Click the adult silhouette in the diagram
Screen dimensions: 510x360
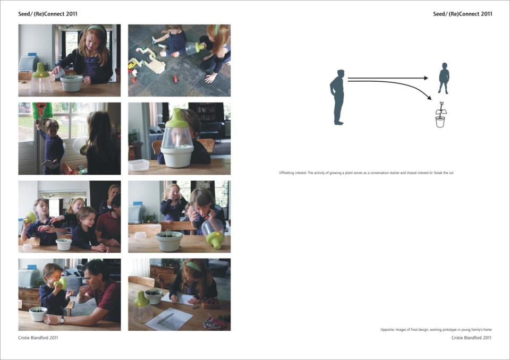[x=337, y=97]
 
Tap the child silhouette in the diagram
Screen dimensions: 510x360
[x=444, y=78]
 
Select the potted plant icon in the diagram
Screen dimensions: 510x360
[x=440, y=115]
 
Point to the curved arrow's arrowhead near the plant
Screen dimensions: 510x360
[x=429, y=97]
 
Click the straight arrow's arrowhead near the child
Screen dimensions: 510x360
[x=426, y=78]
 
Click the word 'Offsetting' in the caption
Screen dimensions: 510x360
[x=286, y=173]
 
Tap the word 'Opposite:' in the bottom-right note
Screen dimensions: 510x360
[x=387, y=330]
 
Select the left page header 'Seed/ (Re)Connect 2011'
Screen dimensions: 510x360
[x=48, y=14]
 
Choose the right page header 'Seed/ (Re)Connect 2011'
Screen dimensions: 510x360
[x=463, y=14]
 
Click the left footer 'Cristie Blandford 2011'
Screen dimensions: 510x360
[x=38, y=338]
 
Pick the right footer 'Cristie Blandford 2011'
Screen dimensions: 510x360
[x=472, y=338]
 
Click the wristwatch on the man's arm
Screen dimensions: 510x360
[x=62, y=320]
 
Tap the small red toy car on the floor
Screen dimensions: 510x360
[x=176, y=79]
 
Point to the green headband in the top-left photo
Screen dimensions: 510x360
[x=96, y=29]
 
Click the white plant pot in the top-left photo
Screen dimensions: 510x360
[x=72, y=83]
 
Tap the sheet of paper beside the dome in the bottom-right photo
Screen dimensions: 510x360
[x=169, y=319]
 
